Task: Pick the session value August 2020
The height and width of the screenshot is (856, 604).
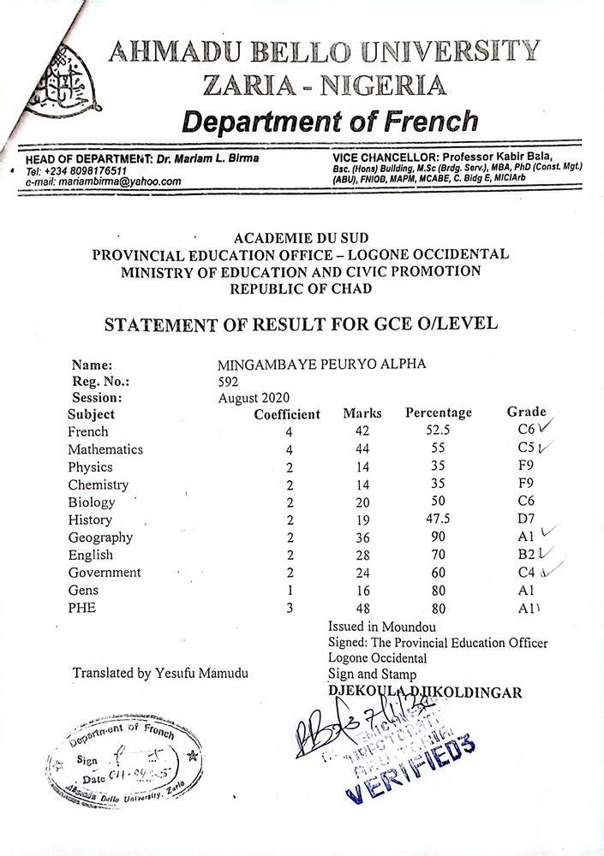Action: point(254,397)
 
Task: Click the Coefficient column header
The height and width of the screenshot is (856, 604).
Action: point(287,414)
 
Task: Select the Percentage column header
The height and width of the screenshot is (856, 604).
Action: point(438,413)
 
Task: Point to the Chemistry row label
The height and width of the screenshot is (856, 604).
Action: point(98,484)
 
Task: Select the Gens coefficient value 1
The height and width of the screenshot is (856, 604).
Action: point(290,590)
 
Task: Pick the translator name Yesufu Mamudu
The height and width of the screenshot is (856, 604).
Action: point(161,673)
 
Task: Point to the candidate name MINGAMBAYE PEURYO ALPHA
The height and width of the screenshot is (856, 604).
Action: point(321,364)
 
